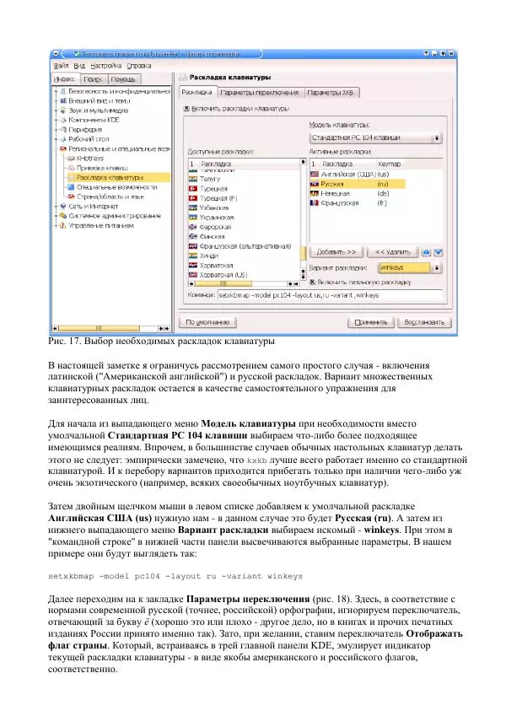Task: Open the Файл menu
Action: pyautogui.click(x=61, y=65)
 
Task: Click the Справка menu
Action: pyautogui.click(x=139, y=65)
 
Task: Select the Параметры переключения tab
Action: pyautogui.click(x=260, y=93)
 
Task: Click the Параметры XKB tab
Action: pyautogui.click(x=331, y=93)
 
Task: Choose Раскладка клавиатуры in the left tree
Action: pyautogui.click(x=109, y=177)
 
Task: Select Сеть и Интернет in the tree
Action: pyautogui.click(x=93, y=206)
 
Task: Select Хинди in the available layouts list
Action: pyautogui.click(x=210, y=256)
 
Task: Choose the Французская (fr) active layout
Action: pyautogui.click(x=342, y=203)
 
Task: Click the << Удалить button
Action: pyautogui.click(x=391, y=251)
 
